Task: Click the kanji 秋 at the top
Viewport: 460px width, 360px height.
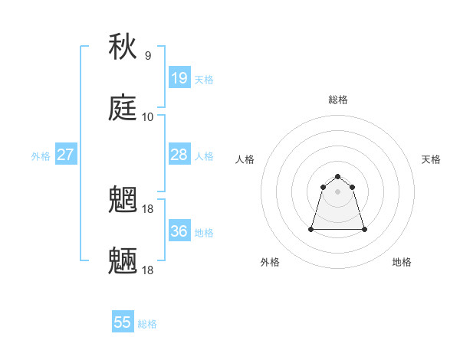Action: [x=123, y=47]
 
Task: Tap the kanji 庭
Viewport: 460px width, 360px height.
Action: [x=123, y=108]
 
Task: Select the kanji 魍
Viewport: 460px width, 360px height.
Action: [x=123, y=200]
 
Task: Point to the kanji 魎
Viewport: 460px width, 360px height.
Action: [x=123, y=261]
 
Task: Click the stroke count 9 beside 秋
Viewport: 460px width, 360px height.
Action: [x=148, y=56]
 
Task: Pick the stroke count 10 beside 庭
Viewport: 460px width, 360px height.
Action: [x=148, y=117]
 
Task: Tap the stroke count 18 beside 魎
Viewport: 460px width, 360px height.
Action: [x=149, y=270]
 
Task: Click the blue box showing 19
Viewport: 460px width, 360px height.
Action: [x=179, y=77]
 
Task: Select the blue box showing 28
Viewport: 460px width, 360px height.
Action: [x=179, y=154]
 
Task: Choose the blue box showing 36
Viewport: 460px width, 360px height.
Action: [x=179, y=231]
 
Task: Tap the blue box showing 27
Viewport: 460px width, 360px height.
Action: [x=66, y=154]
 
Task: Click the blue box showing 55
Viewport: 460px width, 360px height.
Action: [x=123, y=322]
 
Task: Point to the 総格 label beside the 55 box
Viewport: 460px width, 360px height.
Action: [x=147, y=324]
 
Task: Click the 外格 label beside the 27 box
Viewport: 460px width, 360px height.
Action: [x=41, y=155]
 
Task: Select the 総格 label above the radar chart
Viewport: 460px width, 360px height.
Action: [x=338, y=100]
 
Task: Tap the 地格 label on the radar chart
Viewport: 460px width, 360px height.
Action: [x=402, y=262]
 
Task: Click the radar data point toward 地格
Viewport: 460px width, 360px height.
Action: [x=364, y=229]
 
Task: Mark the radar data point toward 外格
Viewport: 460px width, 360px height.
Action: [x=312, y=229]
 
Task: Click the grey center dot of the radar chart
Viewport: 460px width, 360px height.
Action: [x=338, y=191]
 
